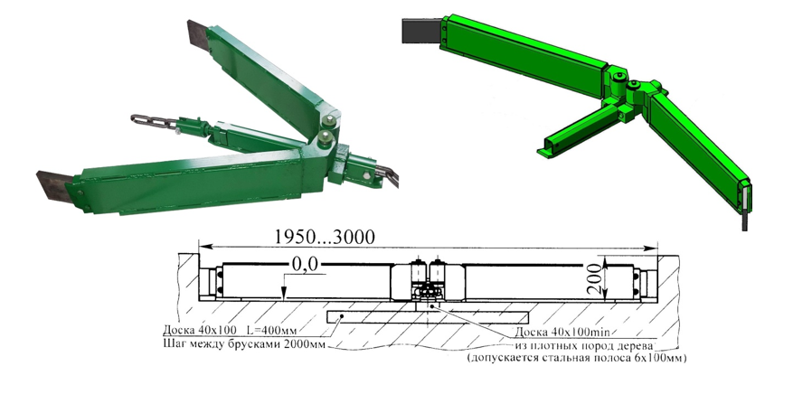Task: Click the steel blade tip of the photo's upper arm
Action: click(198, 37)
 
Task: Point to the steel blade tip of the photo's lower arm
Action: click(51, 186)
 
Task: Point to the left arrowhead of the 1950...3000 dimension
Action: click(203, 245)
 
